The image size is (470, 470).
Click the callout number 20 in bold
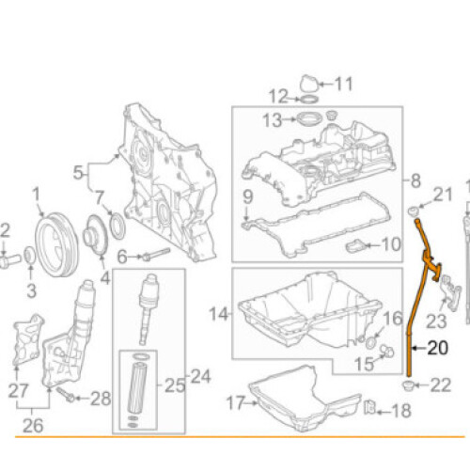439,347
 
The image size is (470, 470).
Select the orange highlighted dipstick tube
413,320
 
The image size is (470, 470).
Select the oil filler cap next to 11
307,85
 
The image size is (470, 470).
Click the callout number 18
400,411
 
